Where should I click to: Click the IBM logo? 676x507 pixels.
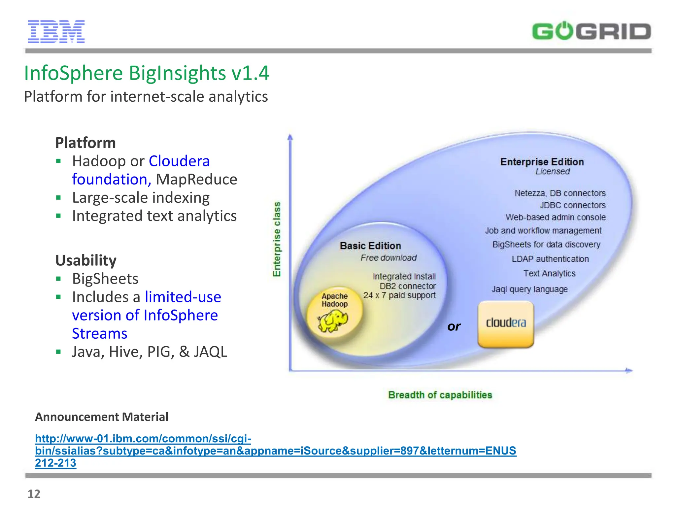[x=56, y=32]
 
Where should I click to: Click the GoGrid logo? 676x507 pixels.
[x=591, y=32]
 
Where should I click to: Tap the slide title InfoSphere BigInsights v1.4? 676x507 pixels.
[x=147, y=73]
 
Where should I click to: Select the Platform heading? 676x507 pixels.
[x=85, y=143]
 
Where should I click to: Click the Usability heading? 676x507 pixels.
[x=86, y=260]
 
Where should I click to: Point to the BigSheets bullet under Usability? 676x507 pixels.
[x=105, y=279]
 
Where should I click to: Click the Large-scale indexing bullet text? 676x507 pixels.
[x=141, y=198]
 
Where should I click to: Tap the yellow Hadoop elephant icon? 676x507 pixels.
[x=333, y=321]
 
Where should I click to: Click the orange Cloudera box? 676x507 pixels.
[x=506, y=324]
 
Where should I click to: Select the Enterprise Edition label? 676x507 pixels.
[x=542, y=162]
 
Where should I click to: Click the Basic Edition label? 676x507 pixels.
[x=370, y=246]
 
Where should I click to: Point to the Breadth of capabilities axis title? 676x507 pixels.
[x=440, y=395]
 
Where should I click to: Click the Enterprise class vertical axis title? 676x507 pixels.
[x=277, y=239]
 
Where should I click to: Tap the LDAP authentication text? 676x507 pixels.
[x=550, y=259]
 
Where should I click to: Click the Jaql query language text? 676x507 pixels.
[x=530, y=289]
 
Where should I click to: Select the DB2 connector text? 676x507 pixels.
[x=407, y=286]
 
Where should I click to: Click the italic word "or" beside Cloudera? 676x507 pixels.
[x=454, y=326]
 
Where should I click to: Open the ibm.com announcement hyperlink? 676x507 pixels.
[x=275, y=451]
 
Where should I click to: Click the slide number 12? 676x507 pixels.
[x=34, y=494]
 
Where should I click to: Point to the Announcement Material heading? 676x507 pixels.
[x=102, y=417]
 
